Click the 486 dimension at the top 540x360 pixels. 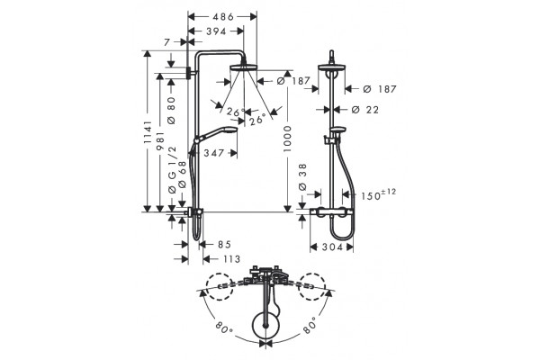tap(223, 16)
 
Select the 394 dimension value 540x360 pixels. tap(216, 31)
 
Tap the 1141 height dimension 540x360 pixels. tap(148, 132)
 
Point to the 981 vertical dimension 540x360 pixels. tap(160, 141)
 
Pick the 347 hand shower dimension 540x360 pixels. tap(213, 153)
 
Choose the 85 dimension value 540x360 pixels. tap(224, 244)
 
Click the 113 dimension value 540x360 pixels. tap(230, 258)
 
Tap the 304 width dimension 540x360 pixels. tap(332, 247)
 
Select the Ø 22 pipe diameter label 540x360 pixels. tap(365, 110)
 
